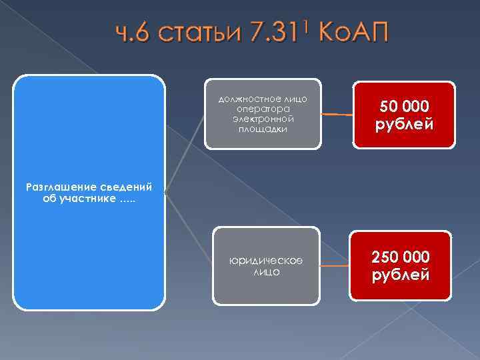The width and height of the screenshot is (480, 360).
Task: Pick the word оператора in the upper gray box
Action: (262, 109)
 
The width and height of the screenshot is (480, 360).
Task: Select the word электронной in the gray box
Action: (262, 119)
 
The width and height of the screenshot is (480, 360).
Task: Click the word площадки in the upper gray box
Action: (262, 129)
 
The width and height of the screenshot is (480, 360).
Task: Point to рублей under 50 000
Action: (405, 124)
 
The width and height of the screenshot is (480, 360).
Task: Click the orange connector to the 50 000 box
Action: (337, 115)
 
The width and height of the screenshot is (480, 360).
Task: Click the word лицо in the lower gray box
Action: (266, 272)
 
